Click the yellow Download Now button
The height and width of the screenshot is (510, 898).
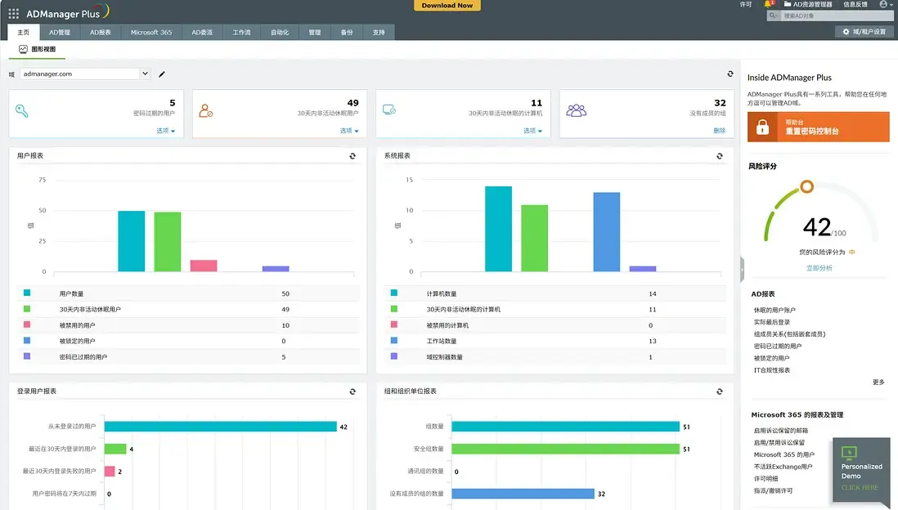pos(447,5)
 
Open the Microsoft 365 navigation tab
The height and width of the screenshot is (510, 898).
pos(151,32)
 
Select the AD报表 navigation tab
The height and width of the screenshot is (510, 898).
pos(101,32)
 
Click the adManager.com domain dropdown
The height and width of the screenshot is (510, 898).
pos(85,74)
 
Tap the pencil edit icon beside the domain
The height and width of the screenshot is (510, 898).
pos(162,74)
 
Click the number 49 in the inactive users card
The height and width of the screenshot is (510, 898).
pos(352,103)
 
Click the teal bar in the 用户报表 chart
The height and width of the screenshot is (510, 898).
pos(131,241)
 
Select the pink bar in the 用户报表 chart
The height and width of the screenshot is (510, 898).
pos(204,265)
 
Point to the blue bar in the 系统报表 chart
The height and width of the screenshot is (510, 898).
pos(606,231)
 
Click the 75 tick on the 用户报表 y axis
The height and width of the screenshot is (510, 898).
pos(42,180)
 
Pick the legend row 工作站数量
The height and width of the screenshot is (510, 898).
pos(442,341)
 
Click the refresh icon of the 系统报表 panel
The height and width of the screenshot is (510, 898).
pos(719,155)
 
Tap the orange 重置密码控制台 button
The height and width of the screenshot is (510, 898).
pos(818,127)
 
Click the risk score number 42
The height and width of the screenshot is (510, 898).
pos(817,226)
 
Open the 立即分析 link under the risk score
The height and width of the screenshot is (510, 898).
pos(819,268)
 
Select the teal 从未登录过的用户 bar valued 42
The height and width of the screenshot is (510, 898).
pos(220,426)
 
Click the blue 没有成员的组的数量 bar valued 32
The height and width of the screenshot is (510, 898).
pos(523,494)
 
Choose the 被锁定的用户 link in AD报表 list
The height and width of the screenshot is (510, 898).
pos(771,358)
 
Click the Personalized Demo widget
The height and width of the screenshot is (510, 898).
pos(861,470)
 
